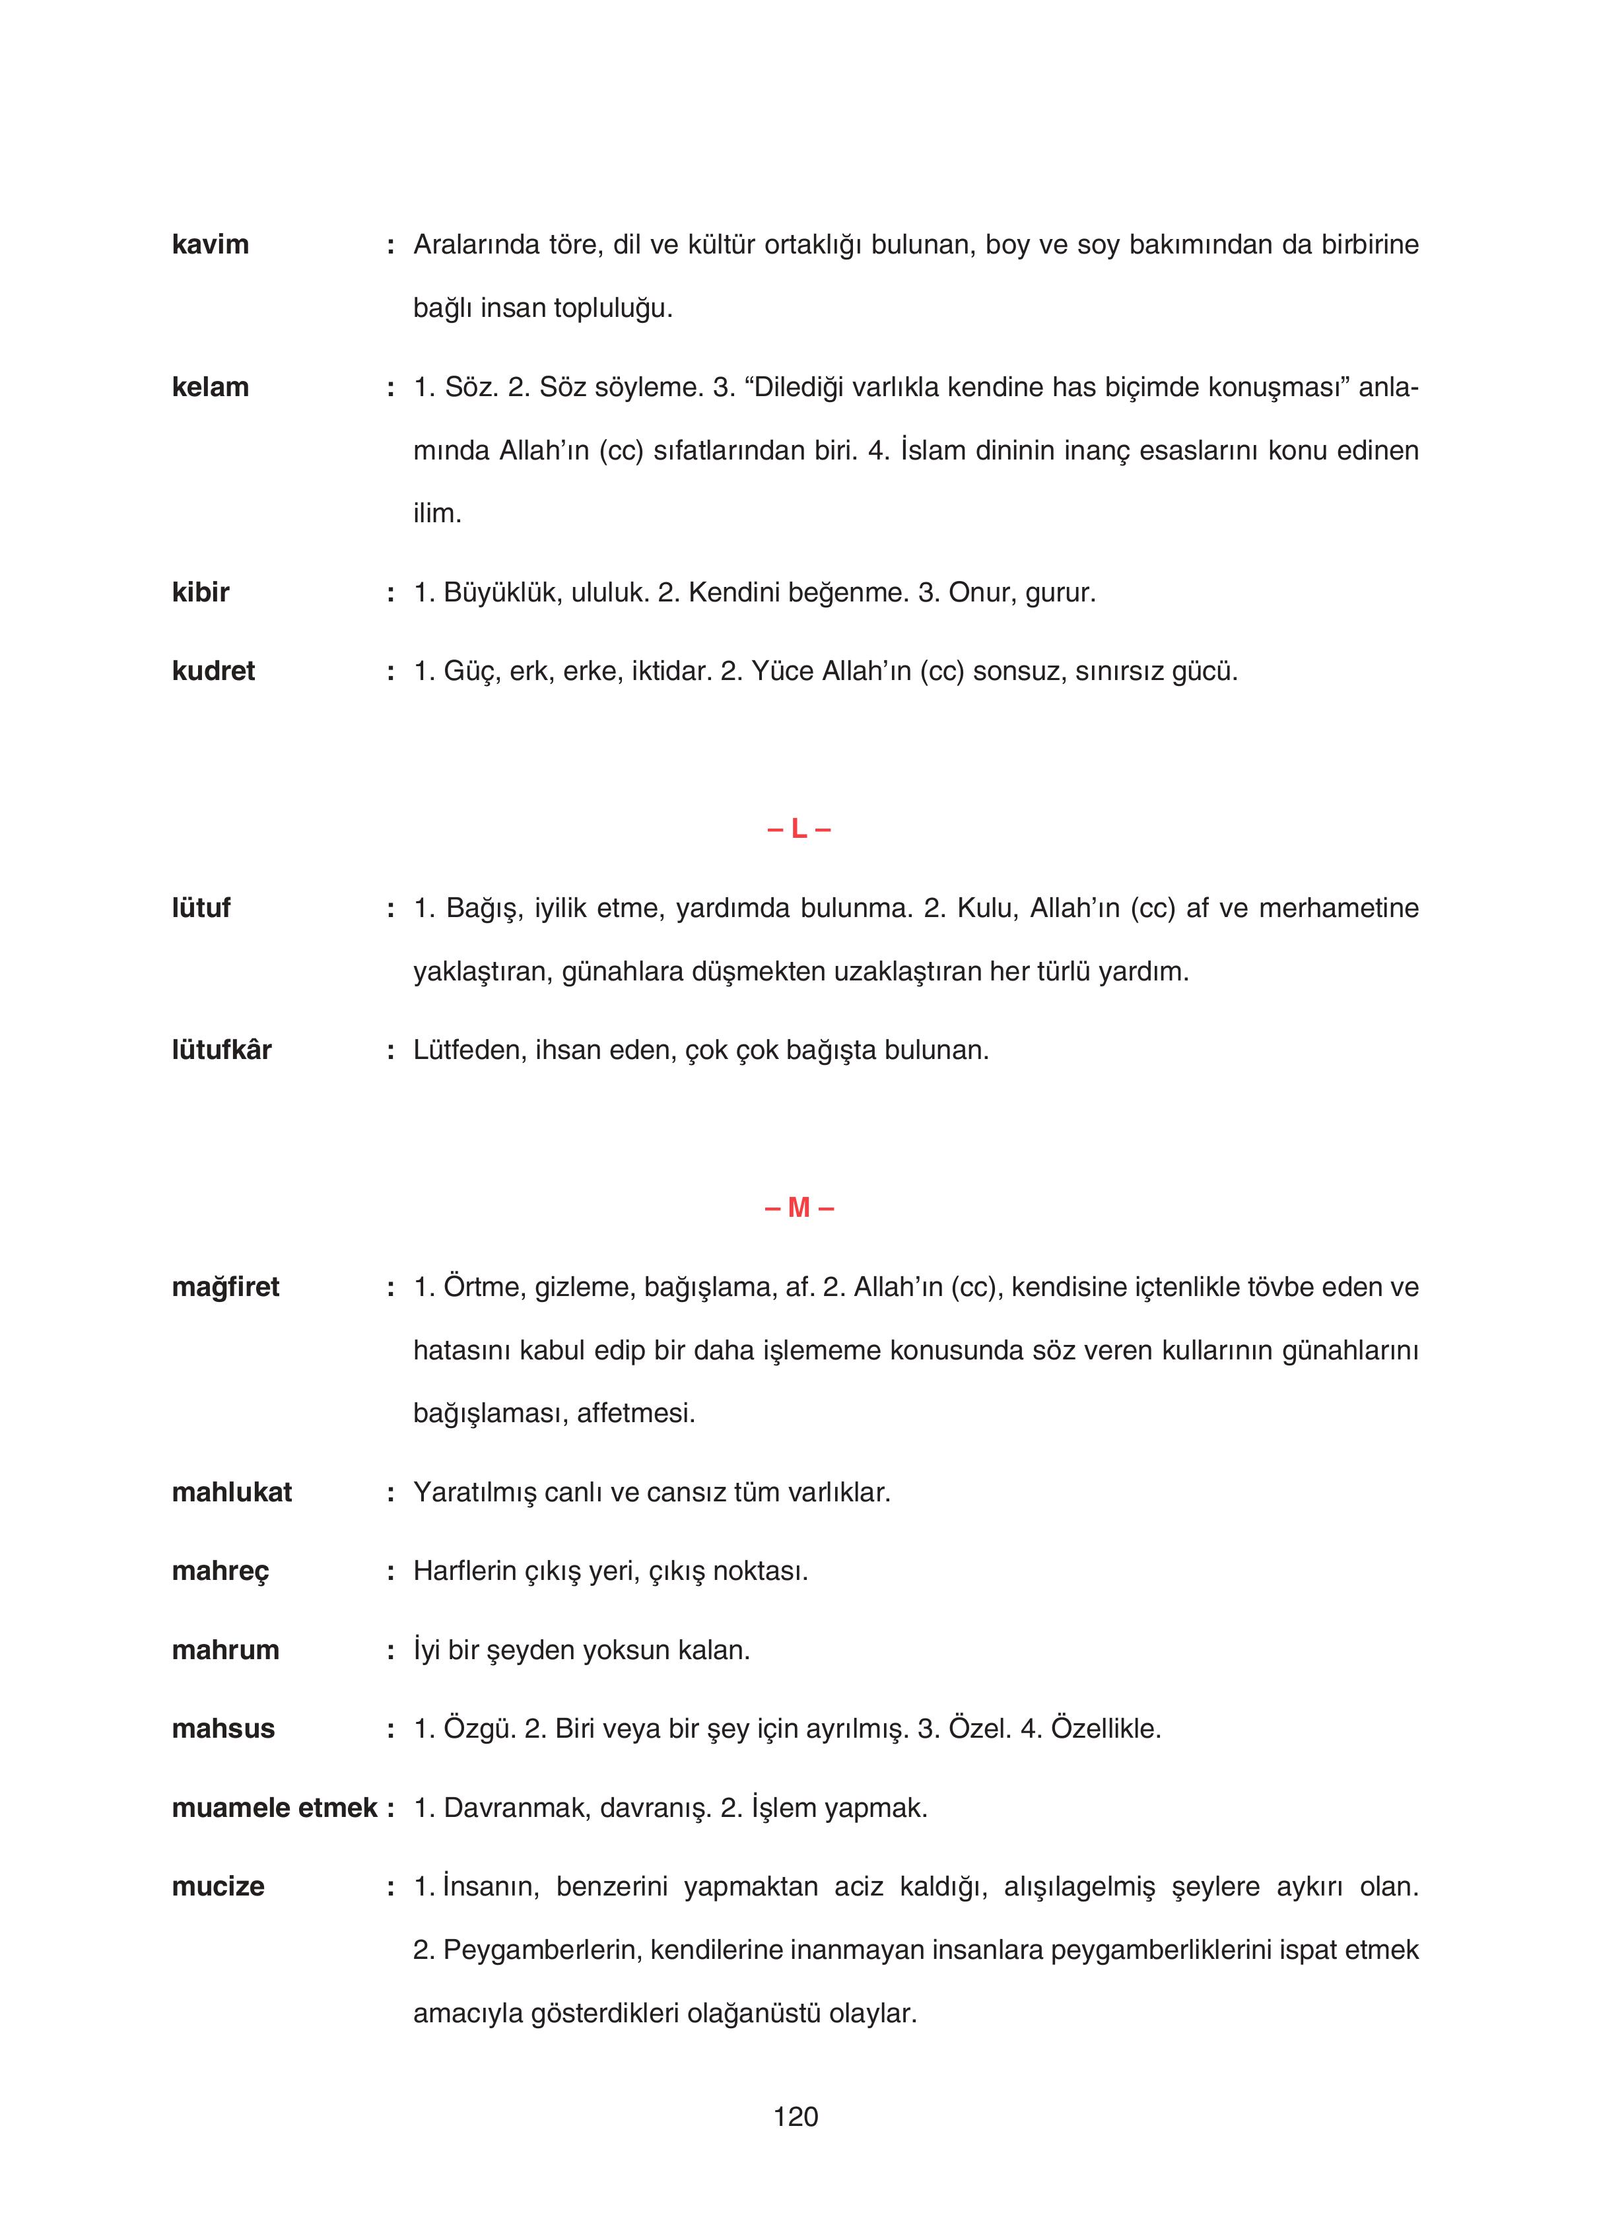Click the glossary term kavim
(x=210, y=244)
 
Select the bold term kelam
(x=210, y=387)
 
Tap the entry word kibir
(x=200, y=592)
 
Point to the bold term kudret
(x=213, y=671)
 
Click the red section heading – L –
(x=798, y=829)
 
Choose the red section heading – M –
(x=798, y=1208)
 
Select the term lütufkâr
(x=222, y=1050)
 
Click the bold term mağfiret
(x=226, y=1287)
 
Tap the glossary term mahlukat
(x=231, y=1492)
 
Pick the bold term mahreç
(x=220, y=1571)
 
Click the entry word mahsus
(x=222, y=1728)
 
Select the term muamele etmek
(x=275, y=1808)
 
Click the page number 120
(x=795, y=2117)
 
